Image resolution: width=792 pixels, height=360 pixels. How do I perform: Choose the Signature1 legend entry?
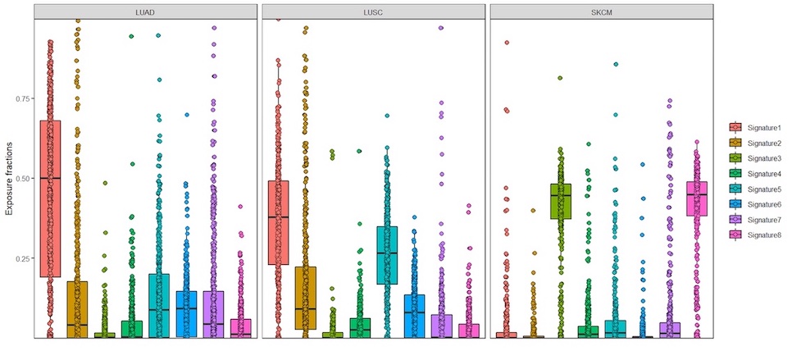coord(758,127)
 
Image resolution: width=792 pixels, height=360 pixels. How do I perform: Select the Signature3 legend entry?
coord(758,158)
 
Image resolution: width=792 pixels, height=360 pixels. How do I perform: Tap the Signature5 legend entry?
coord(758,189)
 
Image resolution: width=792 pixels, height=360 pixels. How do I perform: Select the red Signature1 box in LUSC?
coord(279,222)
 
